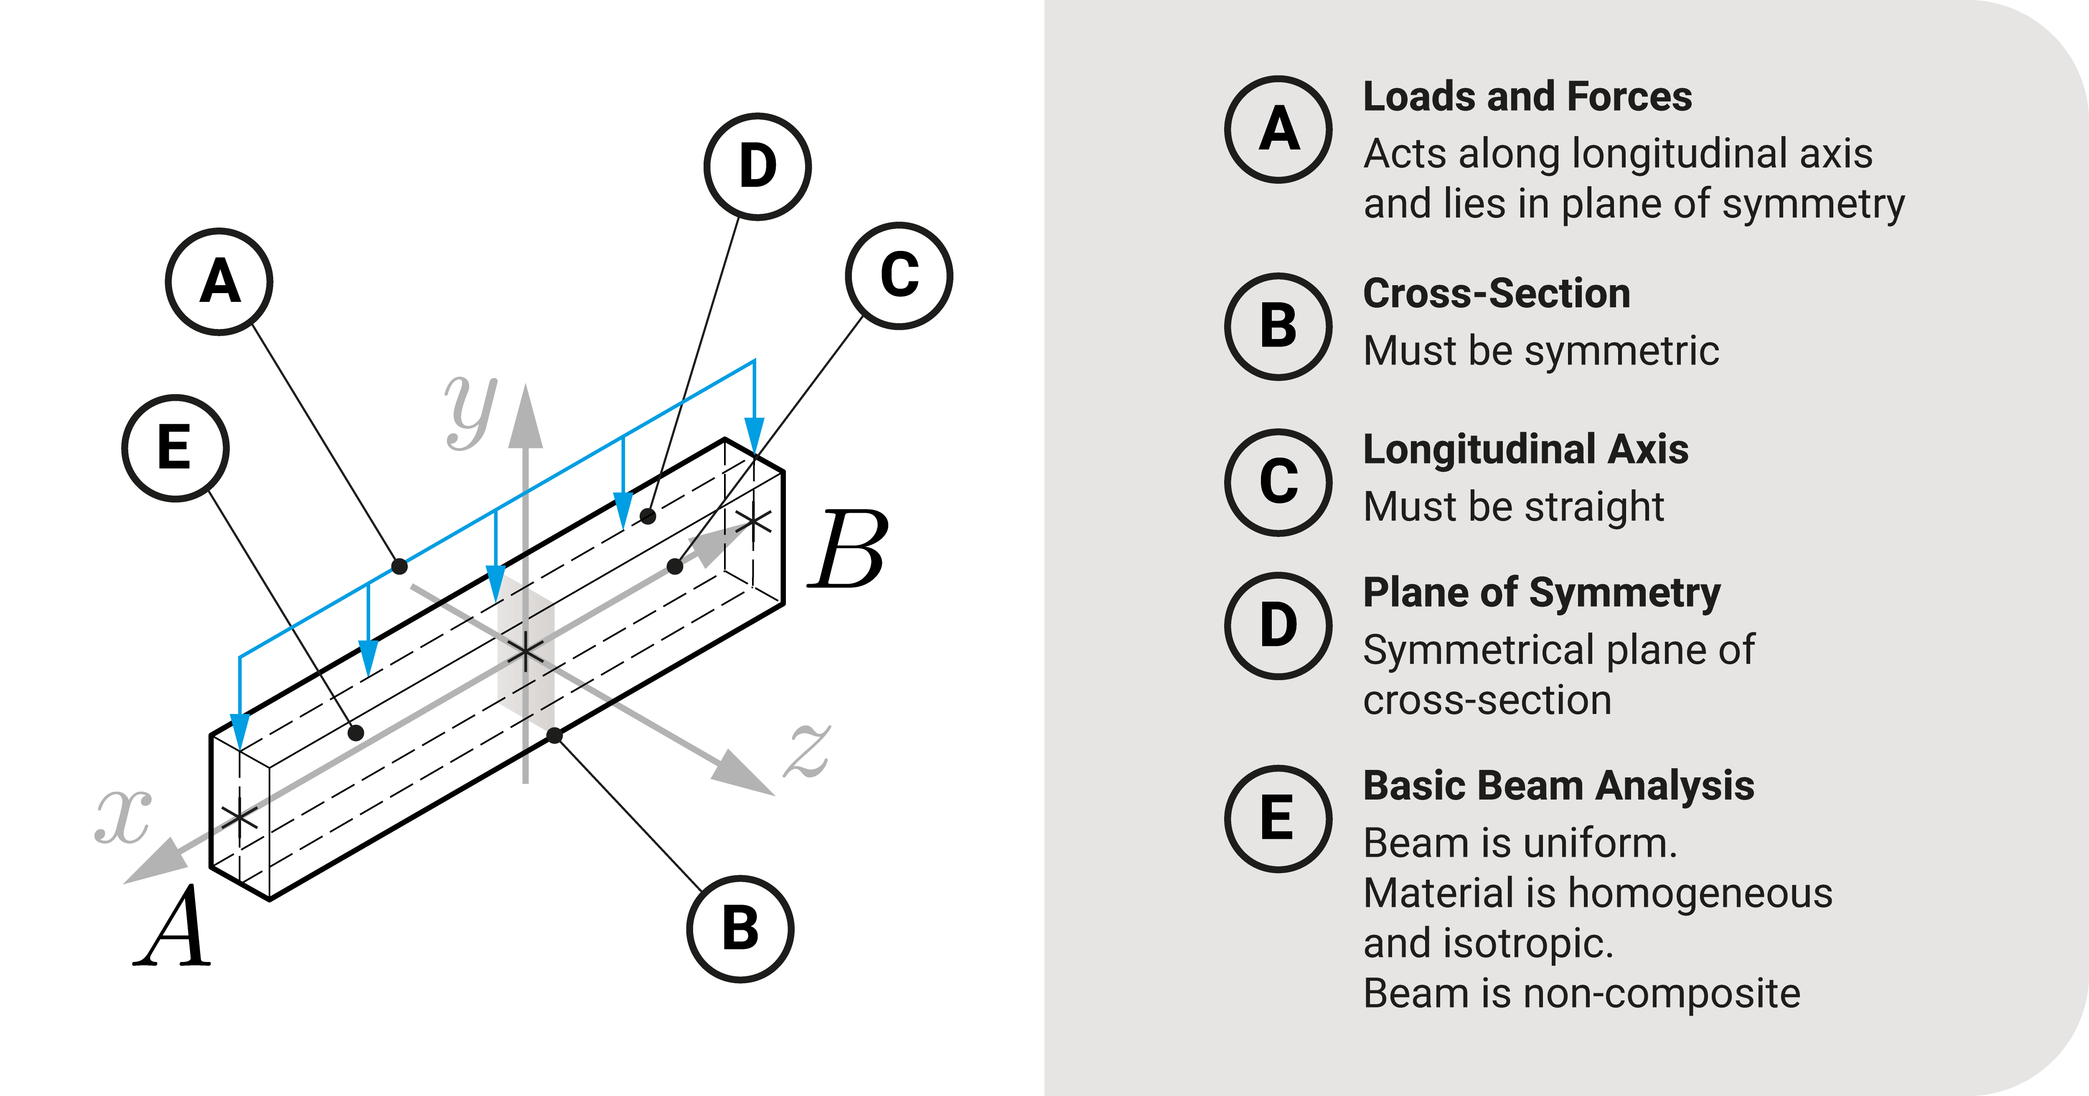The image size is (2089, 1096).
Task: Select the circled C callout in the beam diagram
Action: [899, 276]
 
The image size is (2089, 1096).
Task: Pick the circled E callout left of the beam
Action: [175, 448]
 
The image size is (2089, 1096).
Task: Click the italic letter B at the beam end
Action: [847, 549]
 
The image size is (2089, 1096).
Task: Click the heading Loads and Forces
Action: [1527, 96]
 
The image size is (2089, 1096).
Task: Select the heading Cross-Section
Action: [1496, 294]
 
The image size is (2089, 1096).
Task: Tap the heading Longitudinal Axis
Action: [1525, 449]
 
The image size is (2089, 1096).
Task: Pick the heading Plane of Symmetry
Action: [1541, 592]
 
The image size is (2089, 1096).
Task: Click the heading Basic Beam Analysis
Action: [1558, 785]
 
